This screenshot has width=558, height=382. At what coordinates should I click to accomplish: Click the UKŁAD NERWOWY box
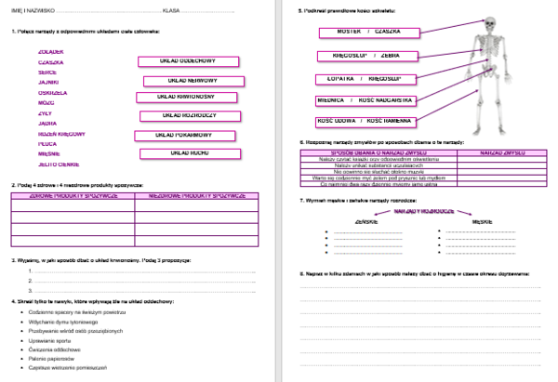(x=193, y=81)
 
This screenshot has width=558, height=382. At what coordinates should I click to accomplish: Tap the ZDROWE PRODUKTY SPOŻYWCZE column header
(x=73, y=195)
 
